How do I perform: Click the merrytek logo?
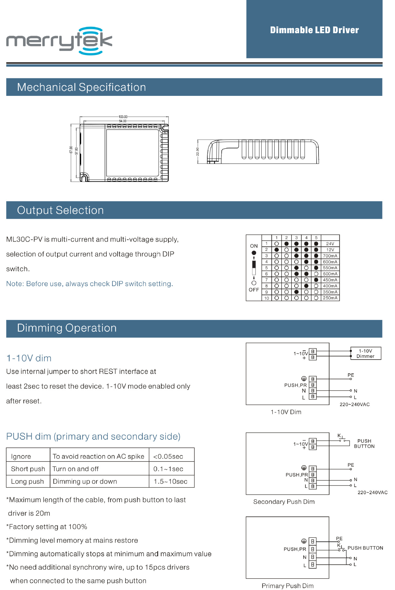(59, 41)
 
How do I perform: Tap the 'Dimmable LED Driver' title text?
(314, 30)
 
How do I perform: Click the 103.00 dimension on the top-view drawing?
(123, 117)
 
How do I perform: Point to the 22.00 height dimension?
(198, 151)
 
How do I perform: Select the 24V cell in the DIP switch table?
(330, 244)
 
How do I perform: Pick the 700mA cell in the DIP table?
(330, 256)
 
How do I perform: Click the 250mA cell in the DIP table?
(330, 298)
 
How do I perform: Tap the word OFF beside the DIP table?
(254, 290)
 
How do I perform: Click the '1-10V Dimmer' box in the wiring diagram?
(366, 353)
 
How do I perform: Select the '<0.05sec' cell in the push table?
(168, 457)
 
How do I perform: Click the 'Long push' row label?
(27, 482)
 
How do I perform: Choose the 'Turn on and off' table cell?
(76, 469)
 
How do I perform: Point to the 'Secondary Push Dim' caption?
(284, 502)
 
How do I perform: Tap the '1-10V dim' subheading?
(29, 358)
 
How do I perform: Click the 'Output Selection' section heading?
(61, 210)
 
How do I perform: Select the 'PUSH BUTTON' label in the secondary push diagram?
(364, 444)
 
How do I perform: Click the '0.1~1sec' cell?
(168, 469)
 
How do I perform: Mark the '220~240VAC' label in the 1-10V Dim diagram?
(354, 404)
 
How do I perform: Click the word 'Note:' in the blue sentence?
(15, 284)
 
